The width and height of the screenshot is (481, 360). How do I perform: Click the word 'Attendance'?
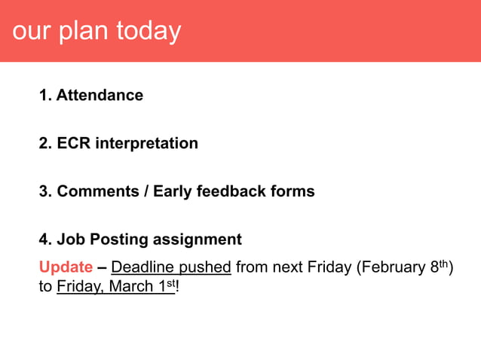point(100,96)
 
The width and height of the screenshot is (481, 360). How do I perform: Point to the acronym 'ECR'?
point(73,143)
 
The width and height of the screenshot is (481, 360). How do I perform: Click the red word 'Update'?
point(66,267)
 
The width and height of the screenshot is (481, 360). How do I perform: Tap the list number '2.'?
point(45,143)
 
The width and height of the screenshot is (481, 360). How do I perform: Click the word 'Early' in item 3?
point(173,191)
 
